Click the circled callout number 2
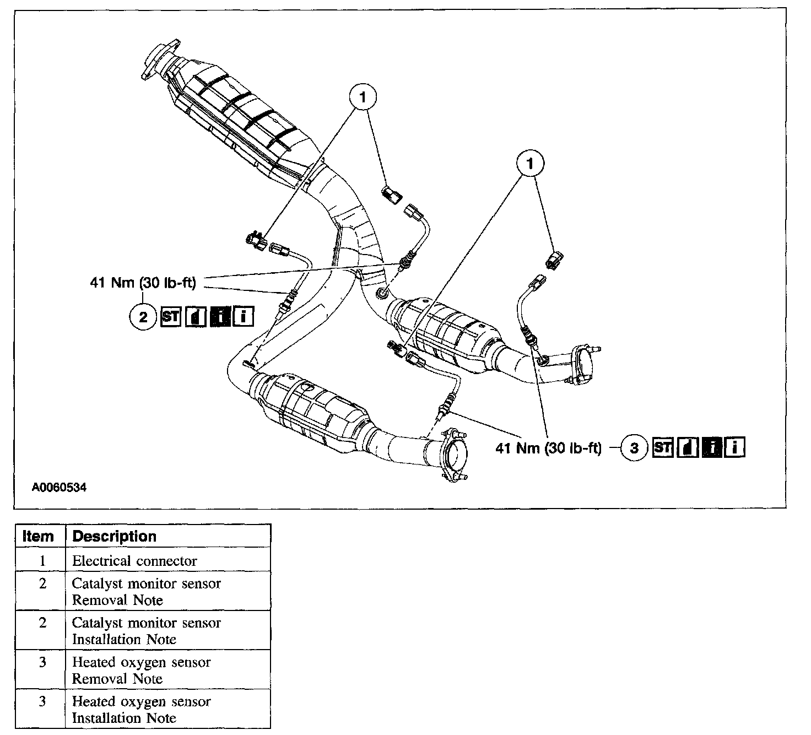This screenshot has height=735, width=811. click(143, 317)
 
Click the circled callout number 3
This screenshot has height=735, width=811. click(634, 448)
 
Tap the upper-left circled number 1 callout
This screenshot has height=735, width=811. click(362, 98)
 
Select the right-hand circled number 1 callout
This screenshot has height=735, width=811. click(530, 164)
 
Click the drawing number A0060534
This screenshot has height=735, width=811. click(59, 487)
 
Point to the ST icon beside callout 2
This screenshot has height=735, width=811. click(171, 317)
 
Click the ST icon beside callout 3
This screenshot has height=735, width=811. click(662, 447)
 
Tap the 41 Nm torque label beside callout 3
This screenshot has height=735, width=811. click(548, 448)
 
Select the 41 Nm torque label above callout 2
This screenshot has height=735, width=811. click(143, 283)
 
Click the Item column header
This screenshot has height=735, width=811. click(39, 536)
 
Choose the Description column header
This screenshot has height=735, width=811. click(115, 536)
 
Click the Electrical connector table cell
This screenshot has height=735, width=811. click(134, 561)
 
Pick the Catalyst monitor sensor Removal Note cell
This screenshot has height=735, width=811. click(147, 591)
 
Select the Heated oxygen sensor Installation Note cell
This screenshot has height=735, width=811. click(142, 710)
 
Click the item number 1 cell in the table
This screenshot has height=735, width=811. click(42, 561)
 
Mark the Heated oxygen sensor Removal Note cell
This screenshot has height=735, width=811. click(142, 670)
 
